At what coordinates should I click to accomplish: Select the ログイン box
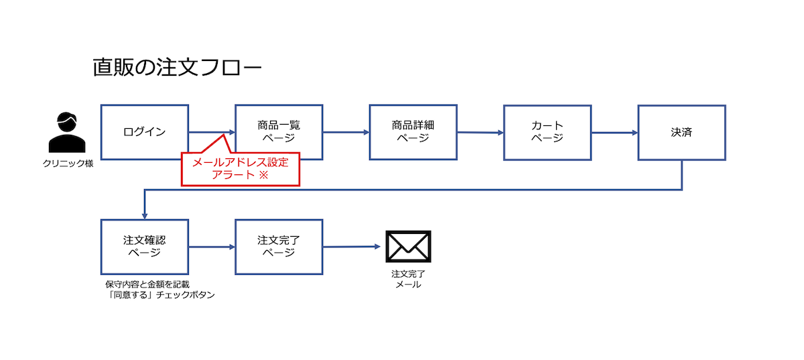[144, 132]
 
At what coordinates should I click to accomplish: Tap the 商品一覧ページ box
[279, 132]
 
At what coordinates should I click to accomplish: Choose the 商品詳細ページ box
[413, 132]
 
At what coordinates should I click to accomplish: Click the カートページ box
[547, 132]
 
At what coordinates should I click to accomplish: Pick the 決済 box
[681, 132]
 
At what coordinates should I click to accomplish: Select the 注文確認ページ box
[144, 247]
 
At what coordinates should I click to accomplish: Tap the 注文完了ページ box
[279, 247]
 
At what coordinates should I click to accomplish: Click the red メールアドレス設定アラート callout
[240, 169]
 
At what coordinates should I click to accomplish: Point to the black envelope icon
[408, 247]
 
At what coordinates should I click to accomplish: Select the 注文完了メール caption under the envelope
[408, 279]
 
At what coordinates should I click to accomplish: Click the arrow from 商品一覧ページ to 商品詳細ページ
[346, 132]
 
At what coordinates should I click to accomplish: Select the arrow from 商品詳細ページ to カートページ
[480, 133]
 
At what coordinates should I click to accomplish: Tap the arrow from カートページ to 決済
[614, 132]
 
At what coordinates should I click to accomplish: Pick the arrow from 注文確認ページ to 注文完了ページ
[212, 247]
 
